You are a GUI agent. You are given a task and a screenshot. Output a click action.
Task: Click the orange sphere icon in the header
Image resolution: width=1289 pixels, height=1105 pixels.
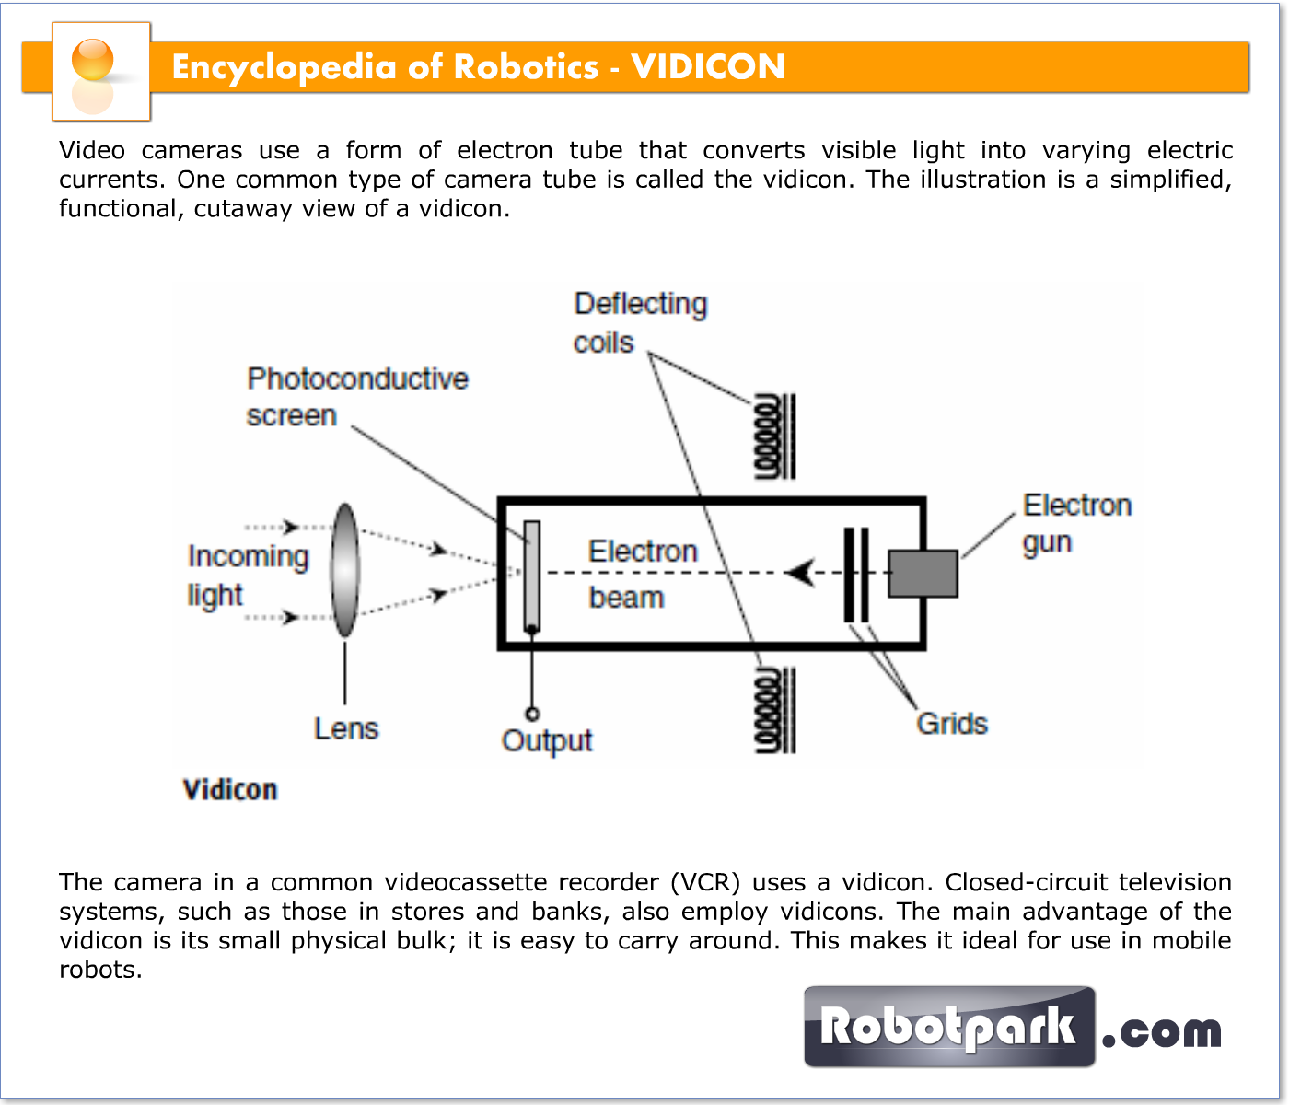[x=92, y=61]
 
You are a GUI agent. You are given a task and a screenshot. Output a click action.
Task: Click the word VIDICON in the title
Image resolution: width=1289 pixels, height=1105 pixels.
[x=708, y=66]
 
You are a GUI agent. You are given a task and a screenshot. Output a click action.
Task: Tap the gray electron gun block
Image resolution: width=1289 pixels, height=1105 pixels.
[x=923, y=573]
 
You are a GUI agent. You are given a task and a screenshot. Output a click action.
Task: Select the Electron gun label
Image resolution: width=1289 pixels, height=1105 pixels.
[x=1075, y=523]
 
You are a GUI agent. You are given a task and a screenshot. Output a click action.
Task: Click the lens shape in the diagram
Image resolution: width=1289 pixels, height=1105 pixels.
[x=345, y=570]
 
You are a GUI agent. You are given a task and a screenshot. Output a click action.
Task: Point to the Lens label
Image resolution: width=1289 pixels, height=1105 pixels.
[x=346, y=728]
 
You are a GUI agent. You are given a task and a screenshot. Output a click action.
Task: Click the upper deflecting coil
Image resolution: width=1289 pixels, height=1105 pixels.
[x=774, y=436]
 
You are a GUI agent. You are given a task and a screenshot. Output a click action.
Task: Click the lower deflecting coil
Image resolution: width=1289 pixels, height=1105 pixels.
[x=774, y=711]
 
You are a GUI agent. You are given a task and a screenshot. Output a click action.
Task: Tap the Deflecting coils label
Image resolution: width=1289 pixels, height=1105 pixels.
[x=639, y=322]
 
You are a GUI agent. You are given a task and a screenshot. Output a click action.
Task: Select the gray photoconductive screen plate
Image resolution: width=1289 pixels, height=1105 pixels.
[x=532, y=576]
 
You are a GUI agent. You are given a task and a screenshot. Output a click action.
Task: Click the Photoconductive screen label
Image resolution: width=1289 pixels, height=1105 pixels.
[x=356, y=397]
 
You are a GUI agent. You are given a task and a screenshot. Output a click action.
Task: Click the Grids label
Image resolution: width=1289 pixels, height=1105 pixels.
[x=952, y=724]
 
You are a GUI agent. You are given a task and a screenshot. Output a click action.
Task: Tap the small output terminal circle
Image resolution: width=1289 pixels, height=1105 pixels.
[x=532, y=714]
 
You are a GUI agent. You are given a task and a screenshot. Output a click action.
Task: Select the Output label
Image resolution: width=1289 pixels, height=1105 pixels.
[x=547, y=740]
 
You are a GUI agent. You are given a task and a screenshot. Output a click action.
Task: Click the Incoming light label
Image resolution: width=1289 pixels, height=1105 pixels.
[x=247, y=575]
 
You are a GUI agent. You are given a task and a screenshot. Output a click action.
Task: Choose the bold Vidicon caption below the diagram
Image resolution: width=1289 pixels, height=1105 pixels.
[x=230, y=789]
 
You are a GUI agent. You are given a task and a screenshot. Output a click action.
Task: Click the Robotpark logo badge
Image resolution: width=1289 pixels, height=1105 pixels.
[x=948, y=1027]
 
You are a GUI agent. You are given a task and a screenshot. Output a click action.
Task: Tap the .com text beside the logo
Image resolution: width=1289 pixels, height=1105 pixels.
[x=1162, y=1031]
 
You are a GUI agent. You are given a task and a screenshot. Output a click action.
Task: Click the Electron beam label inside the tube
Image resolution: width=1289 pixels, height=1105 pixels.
[x=642, y=574]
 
